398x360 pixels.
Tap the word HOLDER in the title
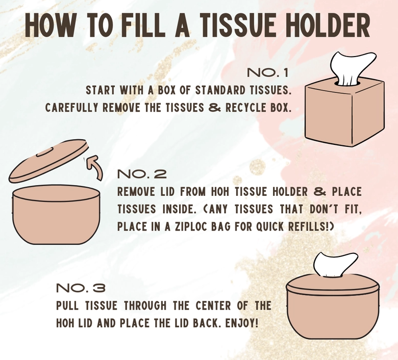pyautogui.click(x=328, y=25)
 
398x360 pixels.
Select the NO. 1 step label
pyautogui.click(x=268, y=72)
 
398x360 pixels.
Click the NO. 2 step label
pyautogui.click(x=142, y=174)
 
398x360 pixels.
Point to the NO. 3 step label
pyautogui.click(x=81, y=288)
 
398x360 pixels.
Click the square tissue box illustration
pyautogui.click(x=345, y=112)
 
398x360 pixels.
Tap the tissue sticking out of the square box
pyautogui.click(x=352, y=68)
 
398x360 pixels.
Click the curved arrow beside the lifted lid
pyautogui.click(x=95, y=167)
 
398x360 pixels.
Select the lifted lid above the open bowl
pyautogui.click(x=49, y=160)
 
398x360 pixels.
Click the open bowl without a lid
pyautogui.click(x=56, y=214)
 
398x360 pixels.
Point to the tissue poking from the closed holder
pyautogui.click(x=335, y=264)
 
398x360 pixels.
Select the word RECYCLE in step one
pyautogui.click(x=244, y=108)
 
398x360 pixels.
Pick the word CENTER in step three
pyautogui.click(x=213, y=305)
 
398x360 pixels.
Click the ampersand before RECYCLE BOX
pyautogui.click(x=215, y=108)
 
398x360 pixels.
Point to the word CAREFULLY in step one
pyautogui.click(x=71, y=108)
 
